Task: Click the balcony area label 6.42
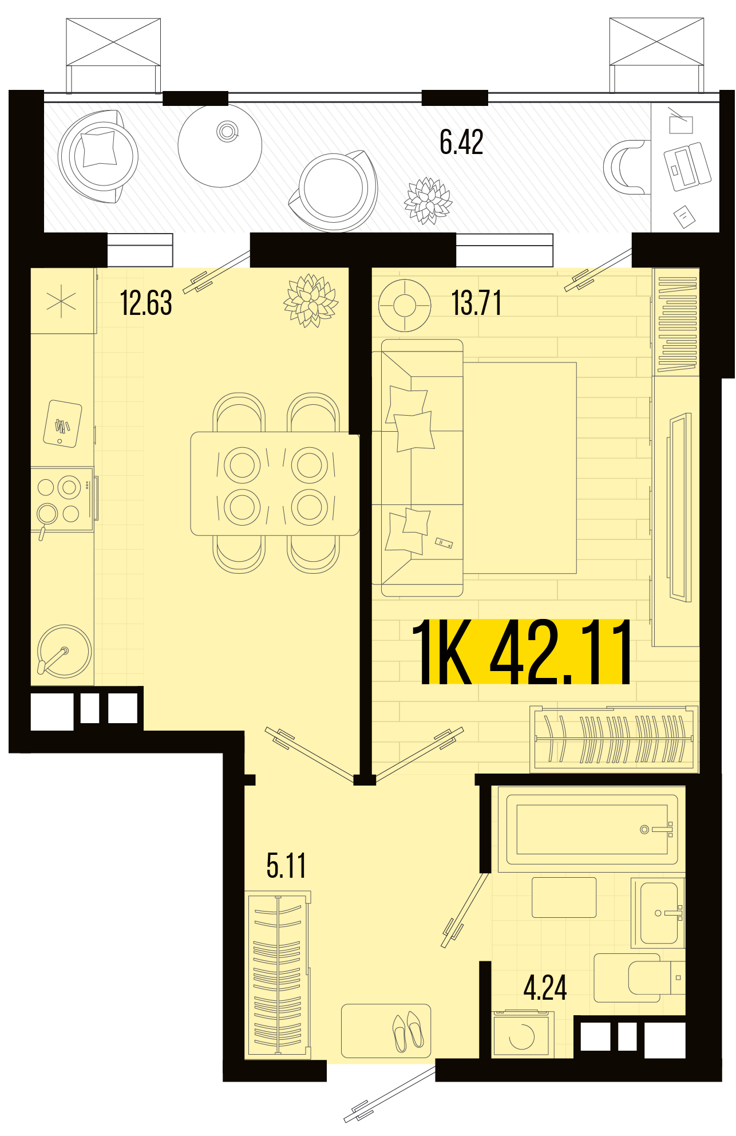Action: (x=461, y=142)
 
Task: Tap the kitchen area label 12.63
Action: (x=146, y=303)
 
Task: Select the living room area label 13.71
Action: (x=476, y=303)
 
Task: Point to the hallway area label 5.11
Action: (x=286, y=865)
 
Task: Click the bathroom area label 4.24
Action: (x=545, y=988)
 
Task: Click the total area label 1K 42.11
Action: (x=521, y=652)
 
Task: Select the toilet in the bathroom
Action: (x=639, y=977)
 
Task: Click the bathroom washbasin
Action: (x=658, y=913)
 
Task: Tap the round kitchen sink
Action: (x=64, y=652)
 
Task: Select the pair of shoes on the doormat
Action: (x=408, y=1032)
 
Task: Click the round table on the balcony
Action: (x=220, y=145)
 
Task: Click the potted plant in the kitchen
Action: (x=311, y=301)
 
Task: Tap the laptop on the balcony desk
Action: (x=687, y=166)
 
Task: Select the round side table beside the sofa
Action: (x=405, y=305)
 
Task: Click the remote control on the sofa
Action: (x=444, y=542)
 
